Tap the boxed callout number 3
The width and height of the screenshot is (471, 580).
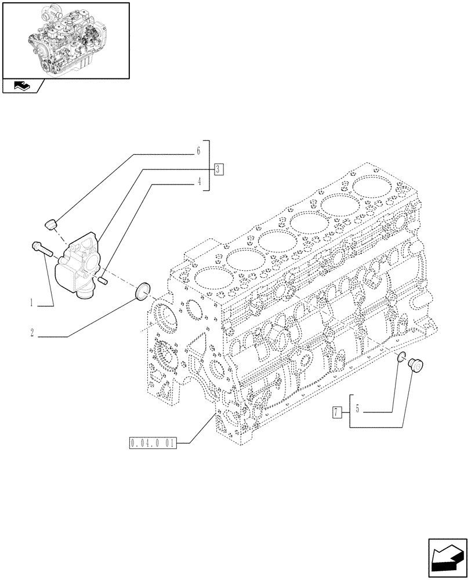(x=218, y=169)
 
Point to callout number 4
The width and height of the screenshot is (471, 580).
(x=198, y=182)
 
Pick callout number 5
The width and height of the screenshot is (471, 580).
(x=358, y=409)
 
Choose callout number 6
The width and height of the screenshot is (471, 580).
(x=198, y=151)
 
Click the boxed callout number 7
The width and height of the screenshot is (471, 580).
(x=336, y=412)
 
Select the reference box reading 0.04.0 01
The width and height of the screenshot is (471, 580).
(x=152, y=445)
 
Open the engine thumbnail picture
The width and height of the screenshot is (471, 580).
(x=65, y=39)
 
